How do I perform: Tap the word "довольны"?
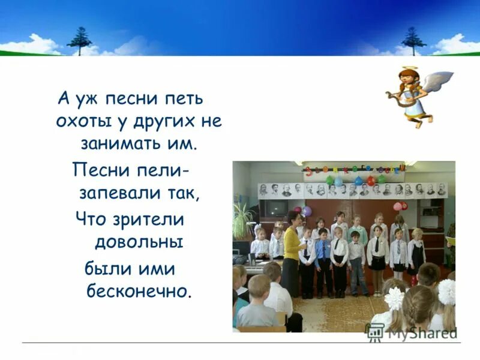[x=138, y=243]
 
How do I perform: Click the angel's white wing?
[x=438, y=81]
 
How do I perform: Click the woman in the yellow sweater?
[x=292, y=246]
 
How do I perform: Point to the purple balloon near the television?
[x=307, y=211]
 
